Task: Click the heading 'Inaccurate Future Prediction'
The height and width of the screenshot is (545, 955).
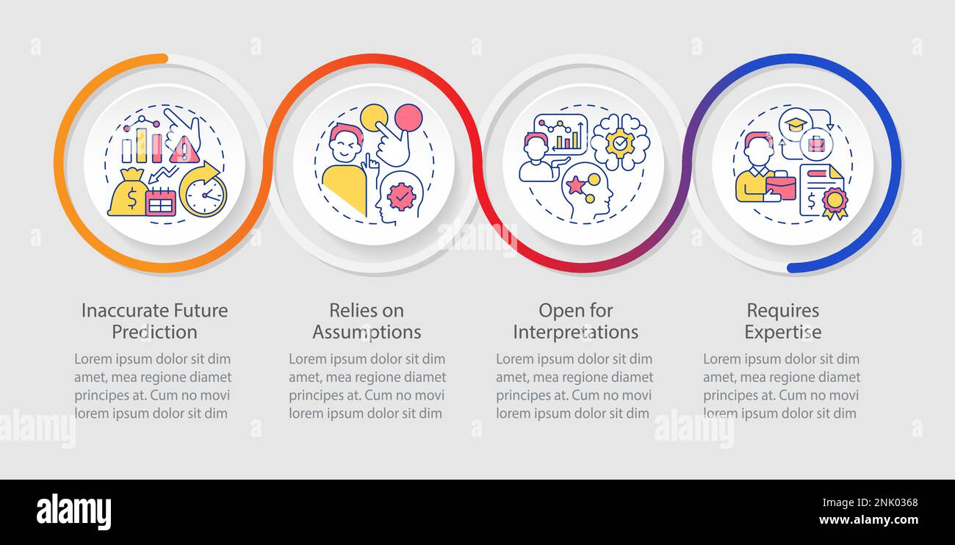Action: tap(154, 321)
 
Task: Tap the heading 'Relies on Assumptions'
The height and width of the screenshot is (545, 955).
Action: tap(367, 321)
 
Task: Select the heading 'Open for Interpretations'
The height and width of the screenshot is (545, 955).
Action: tap(575, 321)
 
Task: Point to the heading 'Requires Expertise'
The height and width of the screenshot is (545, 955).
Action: tap(783, 321)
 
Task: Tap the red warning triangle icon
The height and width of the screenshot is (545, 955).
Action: tap(184, 150)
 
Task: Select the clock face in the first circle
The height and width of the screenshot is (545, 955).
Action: tap(205, 195)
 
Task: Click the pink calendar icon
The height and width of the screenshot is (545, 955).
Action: tap(161, 201)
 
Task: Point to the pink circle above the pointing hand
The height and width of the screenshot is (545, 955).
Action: tap(408, 117)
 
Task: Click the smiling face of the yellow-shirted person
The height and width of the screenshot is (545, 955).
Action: tap(346, 144)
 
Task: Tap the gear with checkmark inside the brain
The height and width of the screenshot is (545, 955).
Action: tap(619, 144)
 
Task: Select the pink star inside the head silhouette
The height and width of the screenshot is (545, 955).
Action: tap(575, 184)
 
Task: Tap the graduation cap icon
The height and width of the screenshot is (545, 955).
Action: tap(796, 124)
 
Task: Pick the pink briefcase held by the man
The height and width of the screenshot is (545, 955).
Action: tap(780, 187)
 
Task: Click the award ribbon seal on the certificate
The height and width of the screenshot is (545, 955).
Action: tap(835, 203)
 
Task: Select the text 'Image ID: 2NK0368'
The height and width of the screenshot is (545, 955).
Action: tap(870, 503)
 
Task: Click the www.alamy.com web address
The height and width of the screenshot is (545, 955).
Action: tap(868, 520)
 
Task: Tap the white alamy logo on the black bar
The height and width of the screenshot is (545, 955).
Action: tap(73, 511)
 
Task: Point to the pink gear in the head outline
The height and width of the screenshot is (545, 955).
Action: tap(401, 196)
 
